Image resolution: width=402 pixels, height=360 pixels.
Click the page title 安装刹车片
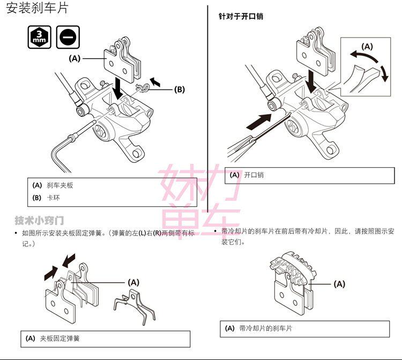37,9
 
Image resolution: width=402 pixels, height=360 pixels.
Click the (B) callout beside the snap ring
180,89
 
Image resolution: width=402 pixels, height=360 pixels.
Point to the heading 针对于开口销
241,17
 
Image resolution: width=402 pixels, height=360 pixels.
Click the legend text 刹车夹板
59,185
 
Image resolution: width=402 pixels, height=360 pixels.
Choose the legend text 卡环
53,198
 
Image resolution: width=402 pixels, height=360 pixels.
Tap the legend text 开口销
254,175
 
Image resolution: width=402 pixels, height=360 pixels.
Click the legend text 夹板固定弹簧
59,339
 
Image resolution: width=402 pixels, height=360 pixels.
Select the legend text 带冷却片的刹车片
265,328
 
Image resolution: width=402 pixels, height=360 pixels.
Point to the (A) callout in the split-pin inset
367,47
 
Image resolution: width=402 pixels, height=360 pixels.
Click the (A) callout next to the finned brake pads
339,284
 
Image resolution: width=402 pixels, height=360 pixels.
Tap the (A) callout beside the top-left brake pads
75,58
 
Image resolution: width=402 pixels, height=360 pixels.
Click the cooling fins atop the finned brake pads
292,266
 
